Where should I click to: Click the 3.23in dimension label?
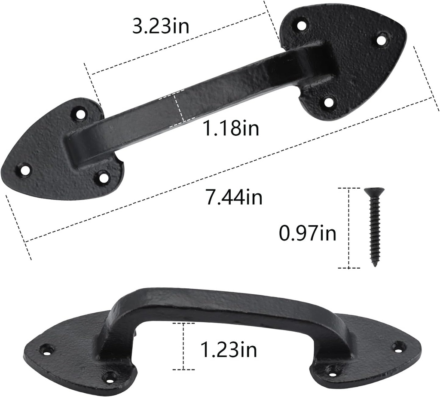(161, 27)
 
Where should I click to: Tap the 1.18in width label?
(232, 128)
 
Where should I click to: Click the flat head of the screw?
(374, 190)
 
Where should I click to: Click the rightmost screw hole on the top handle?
(381, 40)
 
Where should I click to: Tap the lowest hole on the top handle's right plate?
(329, 102)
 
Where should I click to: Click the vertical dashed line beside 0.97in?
(349, 228)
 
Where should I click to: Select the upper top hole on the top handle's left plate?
(80, 114)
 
